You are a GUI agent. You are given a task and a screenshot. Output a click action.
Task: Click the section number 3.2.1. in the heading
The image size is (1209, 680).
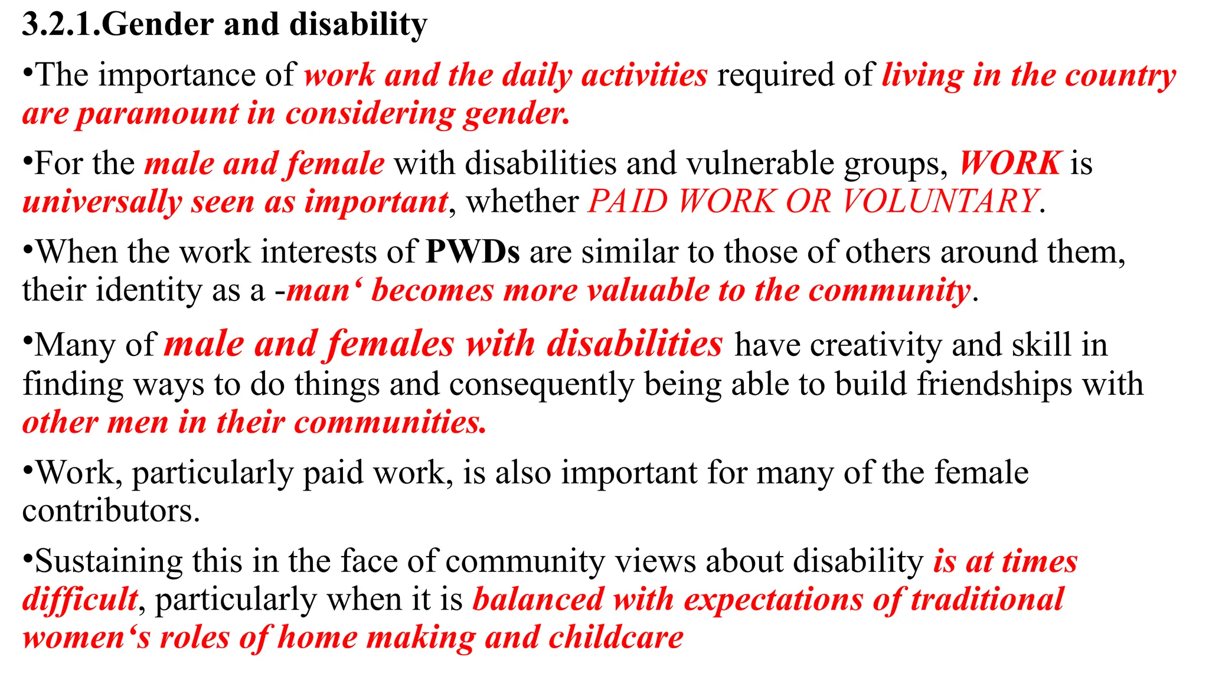coord(61,25)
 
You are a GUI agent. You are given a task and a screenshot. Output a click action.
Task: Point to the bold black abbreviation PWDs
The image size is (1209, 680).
coord(472,252)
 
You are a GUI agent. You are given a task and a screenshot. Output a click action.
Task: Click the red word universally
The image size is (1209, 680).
coord(102,202)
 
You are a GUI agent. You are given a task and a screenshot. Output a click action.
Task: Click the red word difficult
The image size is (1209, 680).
coord(80,600)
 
